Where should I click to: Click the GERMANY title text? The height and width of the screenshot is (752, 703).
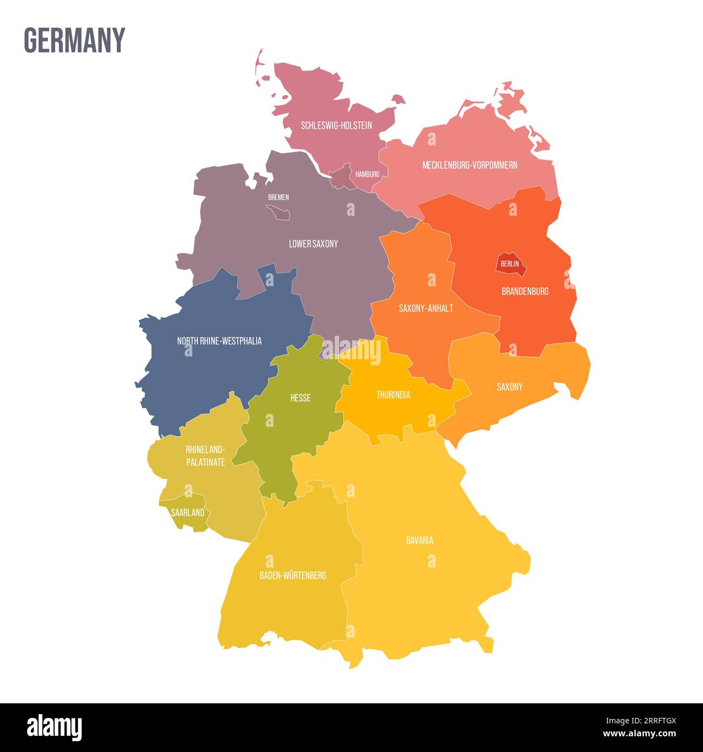(x=74, y=40)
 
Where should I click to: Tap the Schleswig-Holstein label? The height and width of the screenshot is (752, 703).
(x=336, y=126)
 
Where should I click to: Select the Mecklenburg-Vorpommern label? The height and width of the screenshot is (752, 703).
(x=469, y=165)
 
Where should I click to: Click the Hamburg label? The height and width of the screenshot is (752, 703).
(x=367, y=174)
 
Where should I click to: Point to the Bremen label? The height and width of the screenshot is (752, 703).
(x=278, y=197)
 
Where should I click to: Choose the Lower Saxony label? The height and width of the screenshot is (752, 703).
(x=313, y=244)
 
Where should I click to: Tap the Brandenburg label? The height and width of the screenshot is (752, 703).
(x=525, y=291)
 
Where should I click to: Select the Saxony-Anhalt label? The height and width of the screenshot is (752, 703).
(x=426, y=308)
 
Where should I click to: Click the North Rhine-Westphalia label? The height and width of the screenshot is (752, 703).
(x=219, y=341)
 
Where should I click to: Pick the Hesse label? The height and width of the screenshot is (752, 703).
(x=300, y=398)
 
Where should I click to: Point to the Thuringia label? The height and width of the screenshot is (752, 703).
(x=393, y=395)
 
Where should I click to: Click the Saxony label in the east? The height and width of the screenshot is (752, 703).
(x=509, y=387)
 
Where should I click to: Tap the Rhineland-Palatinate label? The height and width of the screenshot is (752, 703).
(x=205, y=456)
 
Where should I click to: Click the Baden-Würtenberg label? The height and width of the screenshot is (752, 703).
(x=293, y=575)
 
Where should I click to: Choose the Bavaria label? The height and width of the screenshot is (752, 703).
(x=419, y=540)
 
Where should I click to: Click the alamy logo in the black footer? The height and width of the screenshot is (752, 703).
(x=55, y=727)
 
